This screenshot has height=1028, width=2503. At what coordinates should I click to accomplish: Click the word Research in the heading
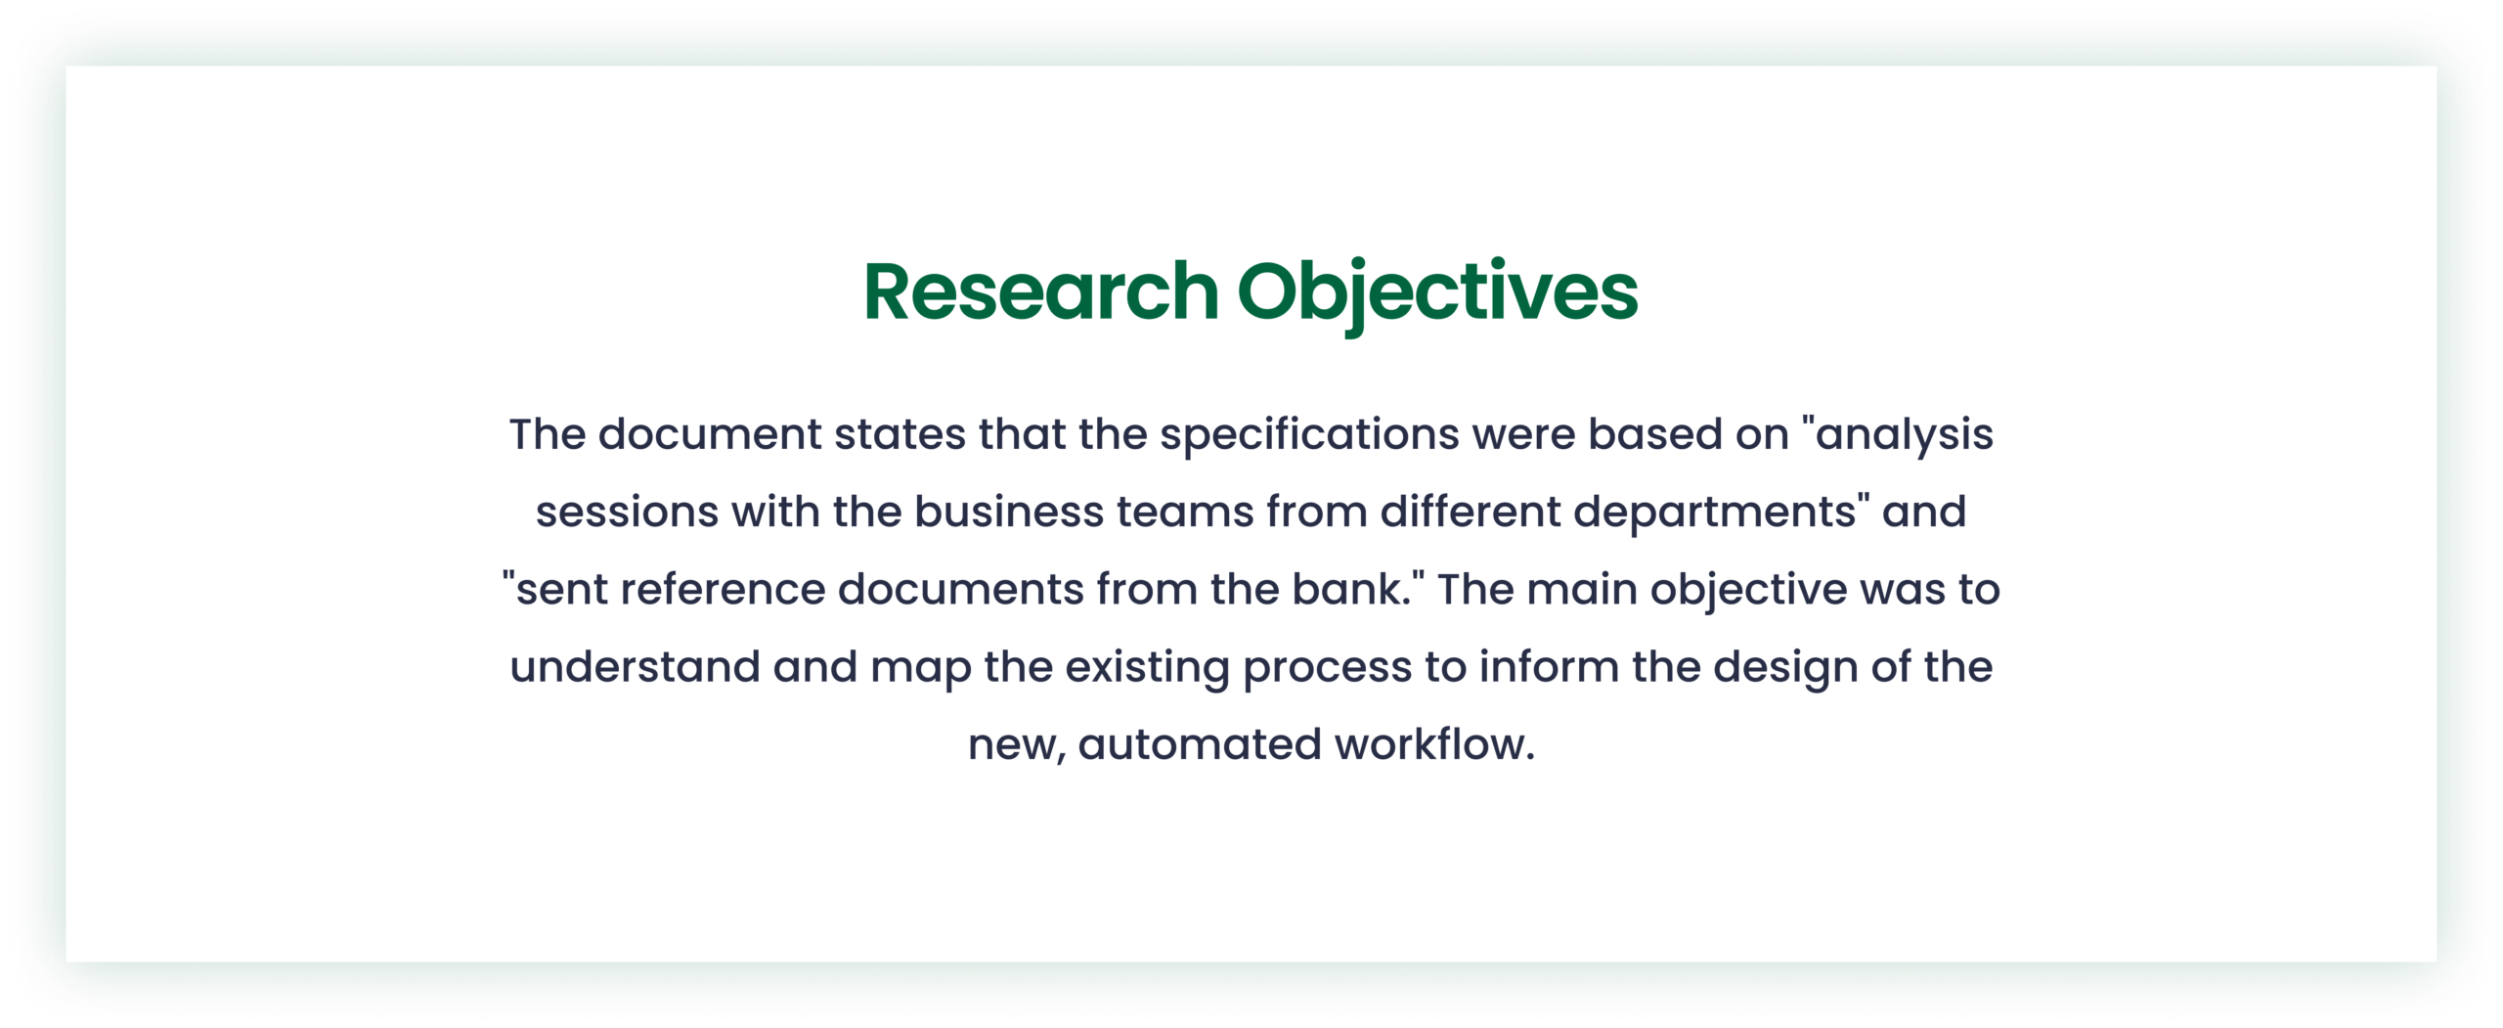(x=1040, y=291)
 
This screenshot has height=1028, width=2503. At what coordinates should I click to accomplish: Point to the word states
(x=900, y=434)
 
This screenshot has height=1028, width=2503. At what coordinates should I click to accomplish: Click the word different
(x=1470, y=511)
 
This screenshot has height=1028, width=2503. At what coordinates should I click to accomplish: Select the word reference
(x=723, y=590)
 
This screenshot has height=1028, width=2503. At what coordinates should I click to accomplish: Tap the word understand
(x=635, y=666)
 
